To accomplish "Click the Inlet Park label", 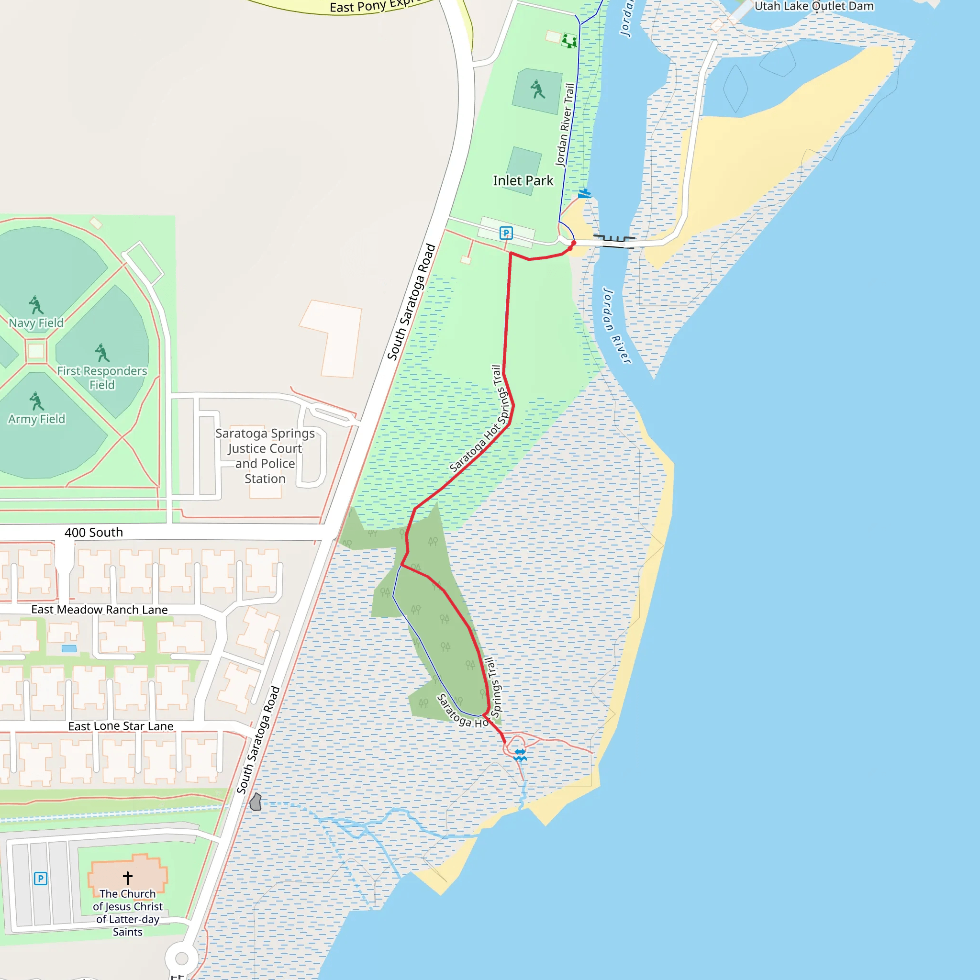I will pos(523,180).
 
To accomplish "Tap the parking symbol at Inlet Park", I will pos(506,233).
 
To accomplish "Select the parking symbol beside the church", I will pos(41,879).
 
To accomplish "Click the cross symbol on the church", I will pos(127,878).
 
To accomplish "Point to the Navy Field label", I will pos(36,323).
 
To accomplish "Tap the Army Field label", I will pos(36,419).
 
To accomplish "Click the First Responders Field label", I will pos(102,378).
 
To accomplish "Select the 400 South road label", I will pos(94,532).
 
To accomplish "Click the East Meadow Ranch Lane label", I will pos(100,609).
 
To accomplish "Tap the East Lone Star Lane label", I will pos(121,726).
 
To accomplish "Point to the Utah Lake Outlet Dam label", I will pos(814,6).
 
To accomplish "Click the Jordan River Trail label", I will pos(565,125).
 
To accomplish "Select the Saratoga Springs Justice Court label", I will pos(265,456).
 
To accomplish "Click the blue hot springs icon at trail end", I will pos(520,755).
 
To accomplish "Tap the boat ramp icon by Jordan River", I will pos(584,193).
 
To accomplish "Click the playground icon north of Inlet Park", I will pos(569,41).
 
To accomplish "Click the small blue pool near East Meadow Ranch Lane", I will pos(69,648).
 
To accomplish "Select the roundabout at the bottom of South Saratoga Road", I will pos(181,958).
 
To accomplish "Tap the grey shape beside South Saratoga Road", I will pos(256,802).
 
